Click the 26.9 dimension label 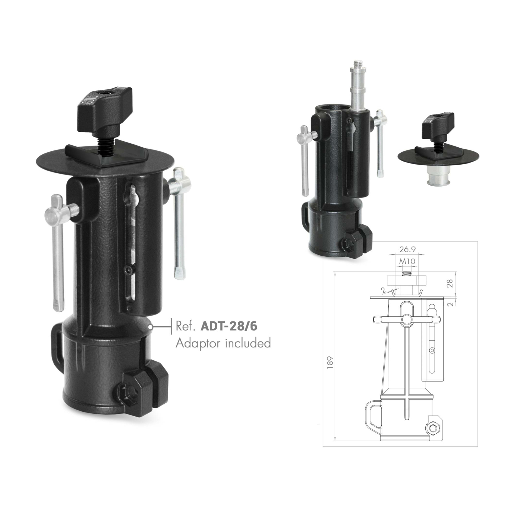407,250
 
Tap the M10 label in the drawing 407,261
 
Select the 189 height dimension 331,362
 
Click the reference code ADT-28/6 229,326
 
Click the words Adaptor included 223,343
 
